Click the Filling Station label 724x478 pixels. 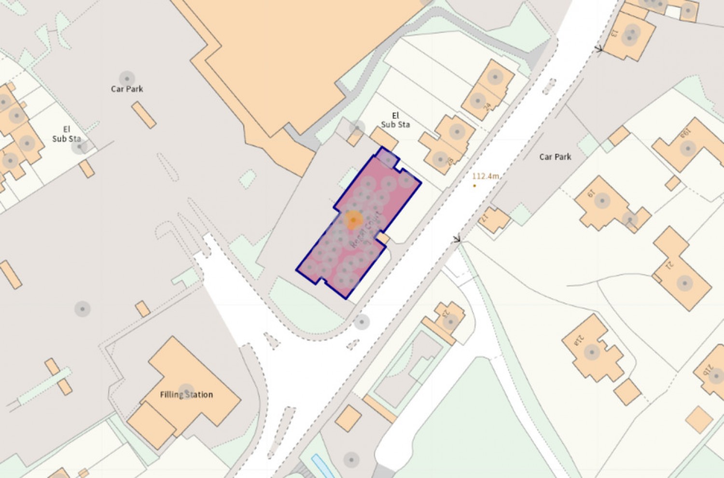coord(186,394)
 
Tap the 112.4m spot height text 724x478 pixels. coord(486,176)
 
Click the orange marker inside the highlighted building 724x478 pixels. coord(354,220)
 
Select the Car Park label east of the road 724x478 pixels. coord(555,157)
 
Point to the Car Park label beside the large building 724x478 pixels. coord(127,89)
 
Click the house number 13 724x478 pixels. coord(614,33)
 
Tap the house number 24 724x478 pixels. coord(487,106)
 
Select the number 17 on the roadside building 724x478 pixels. coord(485,218)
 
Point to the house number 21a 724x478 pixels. coord(579,341)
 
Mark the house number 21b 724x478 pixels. coord(708,370)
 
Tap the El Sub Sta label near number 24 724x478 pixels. coord(395,120)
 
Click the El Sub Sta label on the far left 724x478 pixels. coord(67,134)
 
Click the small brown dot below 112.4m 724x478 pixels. coord(474,185)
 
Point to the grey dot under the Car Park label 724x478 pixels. coord(127,78)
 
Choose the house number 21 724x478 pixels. coord(669,265)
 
